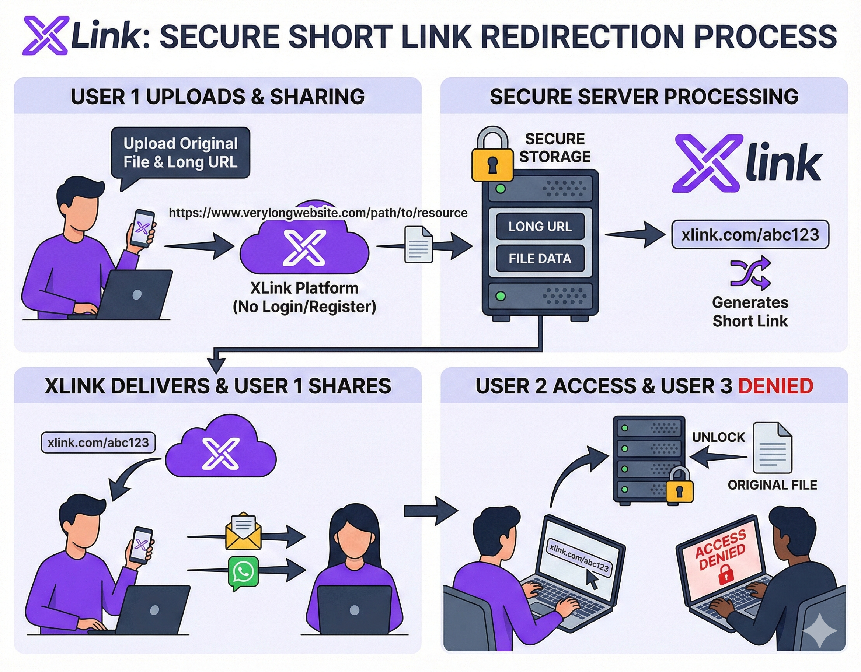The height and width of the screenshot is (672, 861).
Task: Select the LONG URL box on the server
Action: coord(540,227)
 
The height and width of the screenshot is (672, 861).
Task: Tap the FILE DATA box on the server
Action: coord(540,259)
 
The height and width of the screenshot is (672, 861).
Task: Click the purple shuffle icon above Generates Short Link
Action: coord(750,273)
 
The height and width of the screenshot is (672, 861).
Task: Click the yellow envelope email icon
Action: coord(243,532)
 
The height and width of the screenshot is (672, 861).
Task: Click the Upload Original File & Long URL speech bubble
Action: coord(181,153)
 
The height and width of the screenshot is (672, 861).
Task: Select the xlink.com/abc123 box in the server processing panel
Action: coord(750,235)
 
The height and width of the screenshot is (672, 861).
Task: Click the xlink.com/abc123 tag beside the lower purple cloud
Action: coord(98,442)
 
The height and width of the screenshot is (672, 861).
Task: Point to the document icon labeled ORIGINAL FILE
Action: coord(772,448)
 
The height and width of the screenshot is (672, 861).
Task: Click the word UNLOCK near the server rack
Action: coord(718,437)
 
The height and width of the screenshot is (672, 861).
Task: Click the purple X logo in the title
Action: coord(46,35)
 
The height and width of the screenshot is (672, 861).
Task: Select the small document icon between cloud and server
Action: coord(419,245)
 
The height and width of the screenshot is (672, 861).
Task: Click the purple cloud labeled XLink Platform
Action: coord(304,248)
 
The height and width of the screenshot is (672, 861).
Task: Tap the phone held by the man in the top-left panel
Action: coord(143,228)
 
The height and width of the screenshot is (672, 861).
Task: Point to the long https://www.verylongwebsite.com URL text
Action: coord(318,213)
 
